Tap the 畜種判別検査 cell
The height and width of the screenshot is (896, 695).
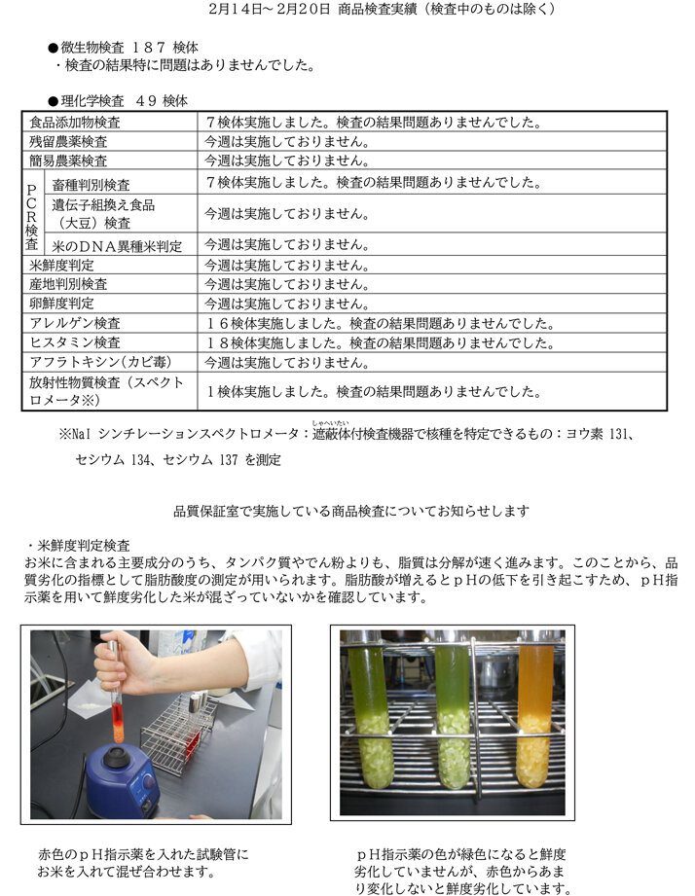pyautogui.click(x=91, y=184)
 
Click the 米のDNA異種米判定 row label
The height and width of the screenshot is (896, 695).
pyautogui.click(x=117, y=245)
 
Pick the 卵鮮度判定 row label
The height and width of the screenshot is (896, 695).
pyautogui.click(x=62, y=304)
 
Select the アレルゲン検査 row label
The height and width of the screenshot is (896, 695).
pyautogui.click(x=75, y=323)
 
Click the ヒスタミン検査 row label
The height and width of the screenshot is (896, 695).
pyautogui.click(x=75, y=342)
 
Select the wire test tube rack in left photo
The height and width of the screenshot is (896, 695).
pyautogui.click(x=180, y=730)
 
